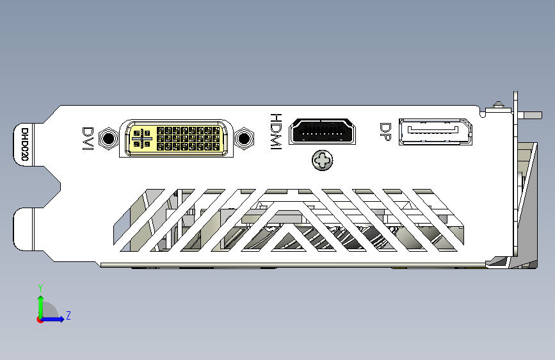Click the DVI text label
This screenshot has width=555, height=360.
88,138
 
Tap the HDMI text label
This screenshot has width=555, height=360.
276,131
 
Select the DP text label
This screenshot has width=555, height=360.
385,132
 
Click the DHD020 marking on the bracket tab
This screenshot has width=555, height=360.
24,144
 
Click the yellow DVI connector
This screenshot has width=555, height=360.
176,138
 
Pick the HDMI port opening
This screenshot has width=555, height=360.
323,131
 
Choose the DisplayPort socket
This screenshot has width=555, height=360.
435,132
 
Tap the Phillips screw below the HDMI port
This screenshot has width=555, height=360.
323,161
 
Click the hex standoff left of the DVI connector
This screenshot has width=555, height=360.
108,138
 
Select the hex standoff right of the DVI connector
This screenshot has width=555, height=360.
244,138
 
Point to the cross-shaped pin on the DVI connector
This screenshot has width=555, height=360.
142,138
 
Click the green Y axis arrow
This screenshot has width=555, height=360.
41,307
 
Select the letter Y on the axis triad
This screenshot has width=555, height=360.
40,288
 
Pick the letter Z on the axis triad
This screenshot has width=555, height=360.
68,315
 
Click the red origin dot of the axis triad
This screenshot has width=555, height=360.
40,320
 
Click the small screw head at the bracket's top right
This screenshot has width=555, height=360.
499,104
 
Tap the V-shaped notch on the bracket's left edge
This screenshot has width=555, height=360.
53,187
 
